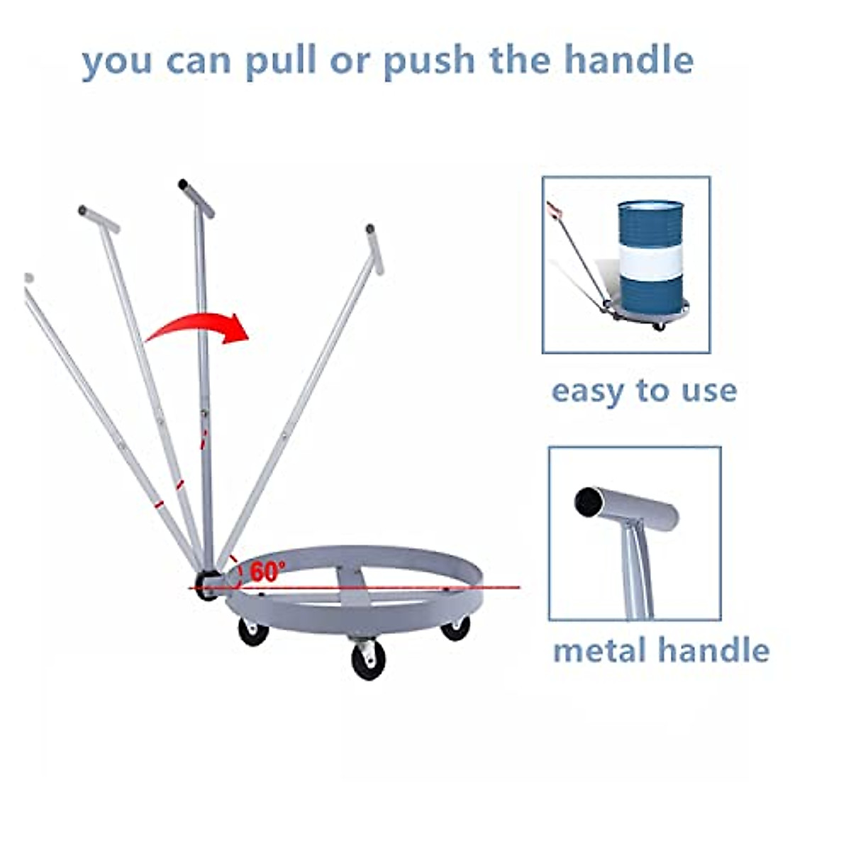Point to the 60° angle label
point(267,570)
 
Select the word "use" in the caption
point(709,391)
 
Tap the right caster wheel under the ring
point(455,628)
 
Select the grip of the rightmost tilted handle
point(374,249)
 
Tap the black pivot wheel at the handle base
point(206,584)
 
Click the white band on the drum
point(650,262)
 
